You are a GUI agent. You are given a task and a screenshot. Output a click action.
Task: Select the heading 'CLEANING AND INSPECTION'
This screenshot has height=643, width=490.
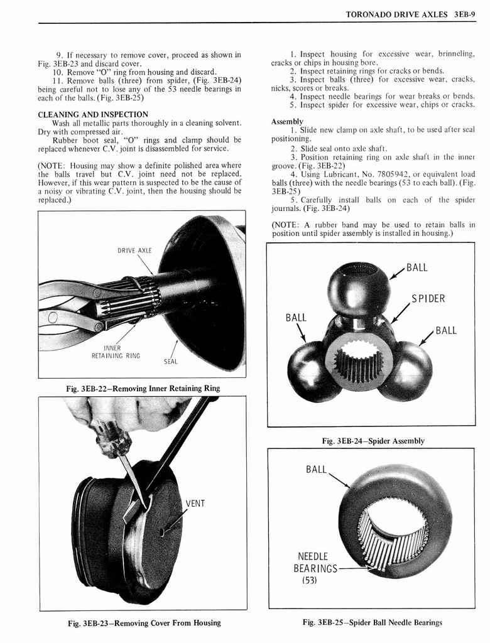click(x=93, y=114)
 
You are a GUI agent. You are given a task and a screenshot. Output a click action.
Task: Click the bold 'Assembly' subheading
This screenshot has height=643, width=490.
click(x=287, y=121)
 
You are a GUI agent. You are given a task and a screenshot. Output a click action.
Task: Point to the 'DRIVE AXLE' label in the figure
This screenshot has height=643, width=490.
click(x=135, y=251)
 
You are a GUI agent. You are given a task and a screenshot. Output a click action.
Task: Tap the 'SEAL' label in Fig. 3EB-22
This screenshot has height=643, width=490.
click(x=171, y=361)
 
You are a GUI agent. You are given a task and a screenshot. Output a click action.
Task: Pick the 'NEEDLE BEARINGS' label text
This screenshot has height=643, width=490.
click(x=315, y=563)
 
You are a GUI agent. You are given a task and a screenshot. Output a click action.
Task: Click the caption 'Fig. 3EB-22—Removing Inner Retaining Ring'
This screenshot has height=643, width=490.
click(x=143, y=388)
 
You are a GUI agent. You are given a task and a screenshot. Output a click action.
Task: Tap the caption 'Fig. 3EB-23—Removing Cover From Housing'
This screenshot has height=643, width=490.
click(x=144, y=622)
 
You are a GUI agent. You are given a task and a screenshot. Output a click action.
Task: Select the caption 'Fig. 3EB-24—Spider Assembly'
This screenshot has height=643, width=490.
click(x=373, y=441)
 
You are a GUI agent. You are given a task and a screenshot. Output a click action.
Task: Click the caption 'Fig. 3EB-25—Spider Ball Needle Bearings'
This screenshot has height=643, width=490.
click(x=372, y=622)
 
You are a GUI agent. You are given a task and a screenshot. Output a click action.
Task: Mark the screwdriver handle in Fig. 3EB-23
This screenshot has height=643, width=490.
click(x=112, y=436)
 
